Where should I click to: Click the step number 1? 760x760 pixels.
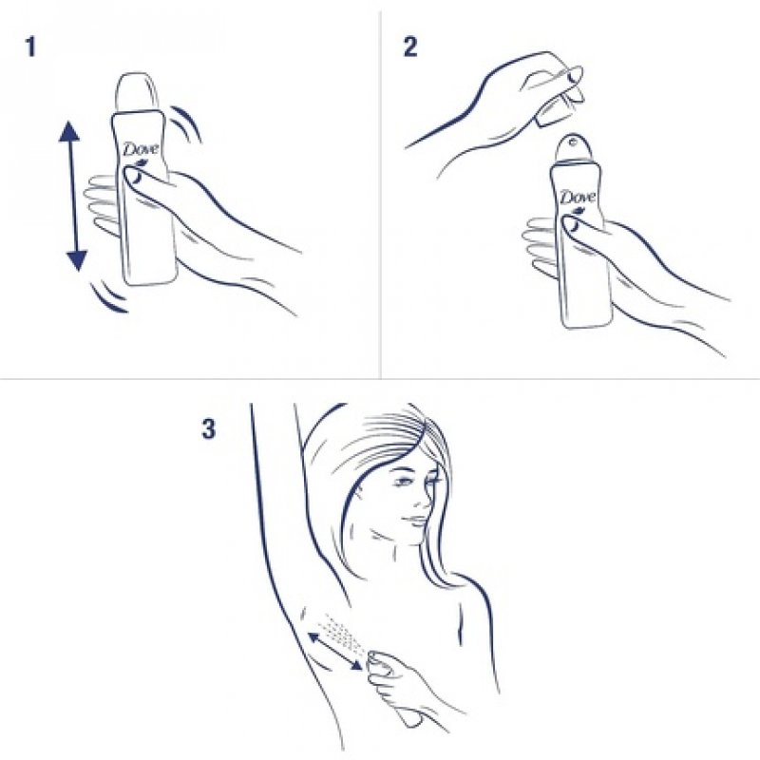30,47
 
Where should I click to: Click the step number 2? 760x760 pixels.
409,47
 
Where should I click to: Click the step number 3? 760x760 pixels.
208,429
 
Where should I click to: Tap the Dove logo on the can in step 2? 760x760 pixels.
577,198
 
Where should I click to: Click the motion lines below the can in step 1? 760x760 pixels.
104,294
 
